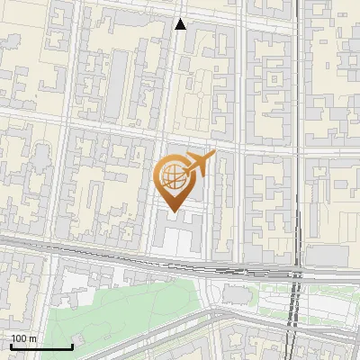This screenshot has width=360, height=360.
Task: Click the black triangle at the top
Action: (181, 24)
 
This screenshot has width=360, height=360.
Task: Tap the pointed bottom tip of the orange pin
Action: (173, 211)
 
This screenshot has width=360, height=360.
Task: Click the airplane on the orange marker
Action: (198, 164)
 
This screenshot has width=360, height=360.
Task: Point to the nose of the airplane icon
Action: (212, 156)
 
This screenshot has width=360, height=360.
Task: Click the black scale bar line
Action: (41, 346)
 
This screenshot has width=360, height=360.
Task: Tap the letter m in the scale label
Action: (32, 339)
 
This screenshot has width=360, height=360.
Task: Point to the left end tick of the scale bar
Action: (11, 345)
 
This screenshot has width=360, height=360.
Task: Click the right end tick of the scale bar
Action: (72, 345)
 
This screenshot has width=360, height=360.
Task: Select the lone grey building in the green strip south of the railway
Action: (237, 294)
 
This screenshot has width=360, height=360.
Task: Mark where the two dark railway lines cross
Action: (293, 273)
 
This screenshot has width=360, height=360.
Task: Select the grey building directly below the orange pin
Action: (180, 236)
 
